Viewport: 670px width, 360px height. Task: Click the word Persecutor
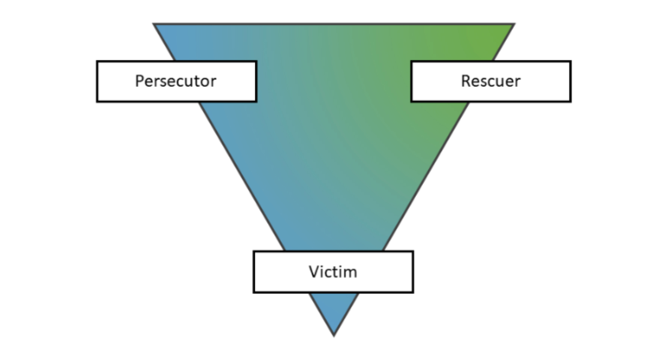point(176,81)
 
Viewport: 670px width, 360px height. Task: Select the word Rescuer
point(491,81)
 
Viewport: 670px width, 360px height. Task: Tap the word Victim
point(333,272)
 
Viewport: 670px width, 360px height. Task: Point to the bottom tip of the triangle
point(334,335)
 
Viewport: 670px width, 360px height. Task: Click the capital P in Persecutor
point(139,81)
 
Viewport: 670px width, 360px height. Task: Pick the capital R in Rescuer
point(465,81)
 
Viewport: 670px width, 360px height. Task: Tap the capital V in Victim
point(314,272)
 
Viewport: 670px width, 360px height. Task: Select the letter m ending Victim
point(350,272)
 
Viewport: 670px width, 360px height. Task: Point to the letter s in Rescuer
point(482,82)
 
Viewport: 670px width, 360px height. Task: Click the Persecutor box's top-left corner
point(97,62)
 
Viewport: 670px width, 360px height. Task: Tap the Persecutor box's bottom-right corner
point(256,101)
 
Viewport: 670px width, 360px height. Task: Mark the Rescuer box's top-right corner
point(570,62)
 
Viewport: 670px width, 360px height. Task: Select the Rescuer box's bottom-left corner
point(412,101)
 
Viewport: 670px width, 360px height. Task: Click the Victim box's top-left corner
point(254,252)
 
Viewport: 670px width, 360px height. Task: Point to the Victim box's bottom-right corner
point(413,292)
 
